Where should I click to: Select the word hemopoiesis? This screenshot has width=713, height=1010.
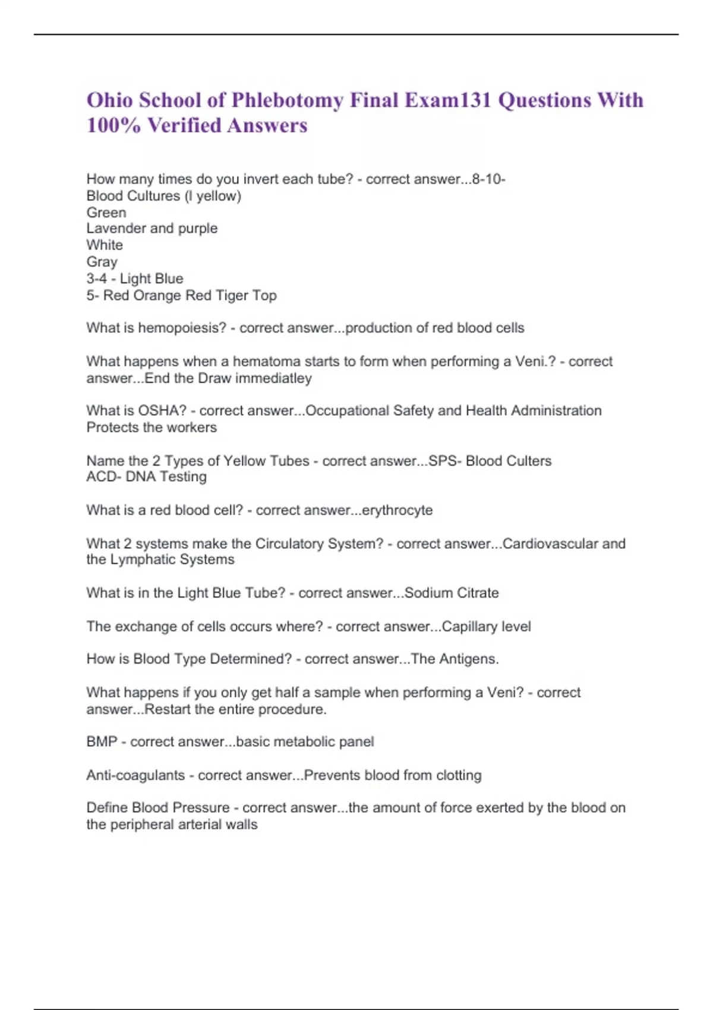182,328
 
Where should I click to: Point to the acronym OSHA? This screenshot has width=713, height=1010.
162,411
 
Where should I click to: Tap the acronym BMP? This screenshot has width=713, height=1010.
102,742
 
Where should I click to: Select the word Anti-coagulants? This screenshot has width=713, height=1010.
135,775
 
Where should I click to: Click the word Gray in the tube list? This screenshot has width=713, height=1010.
102,262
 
